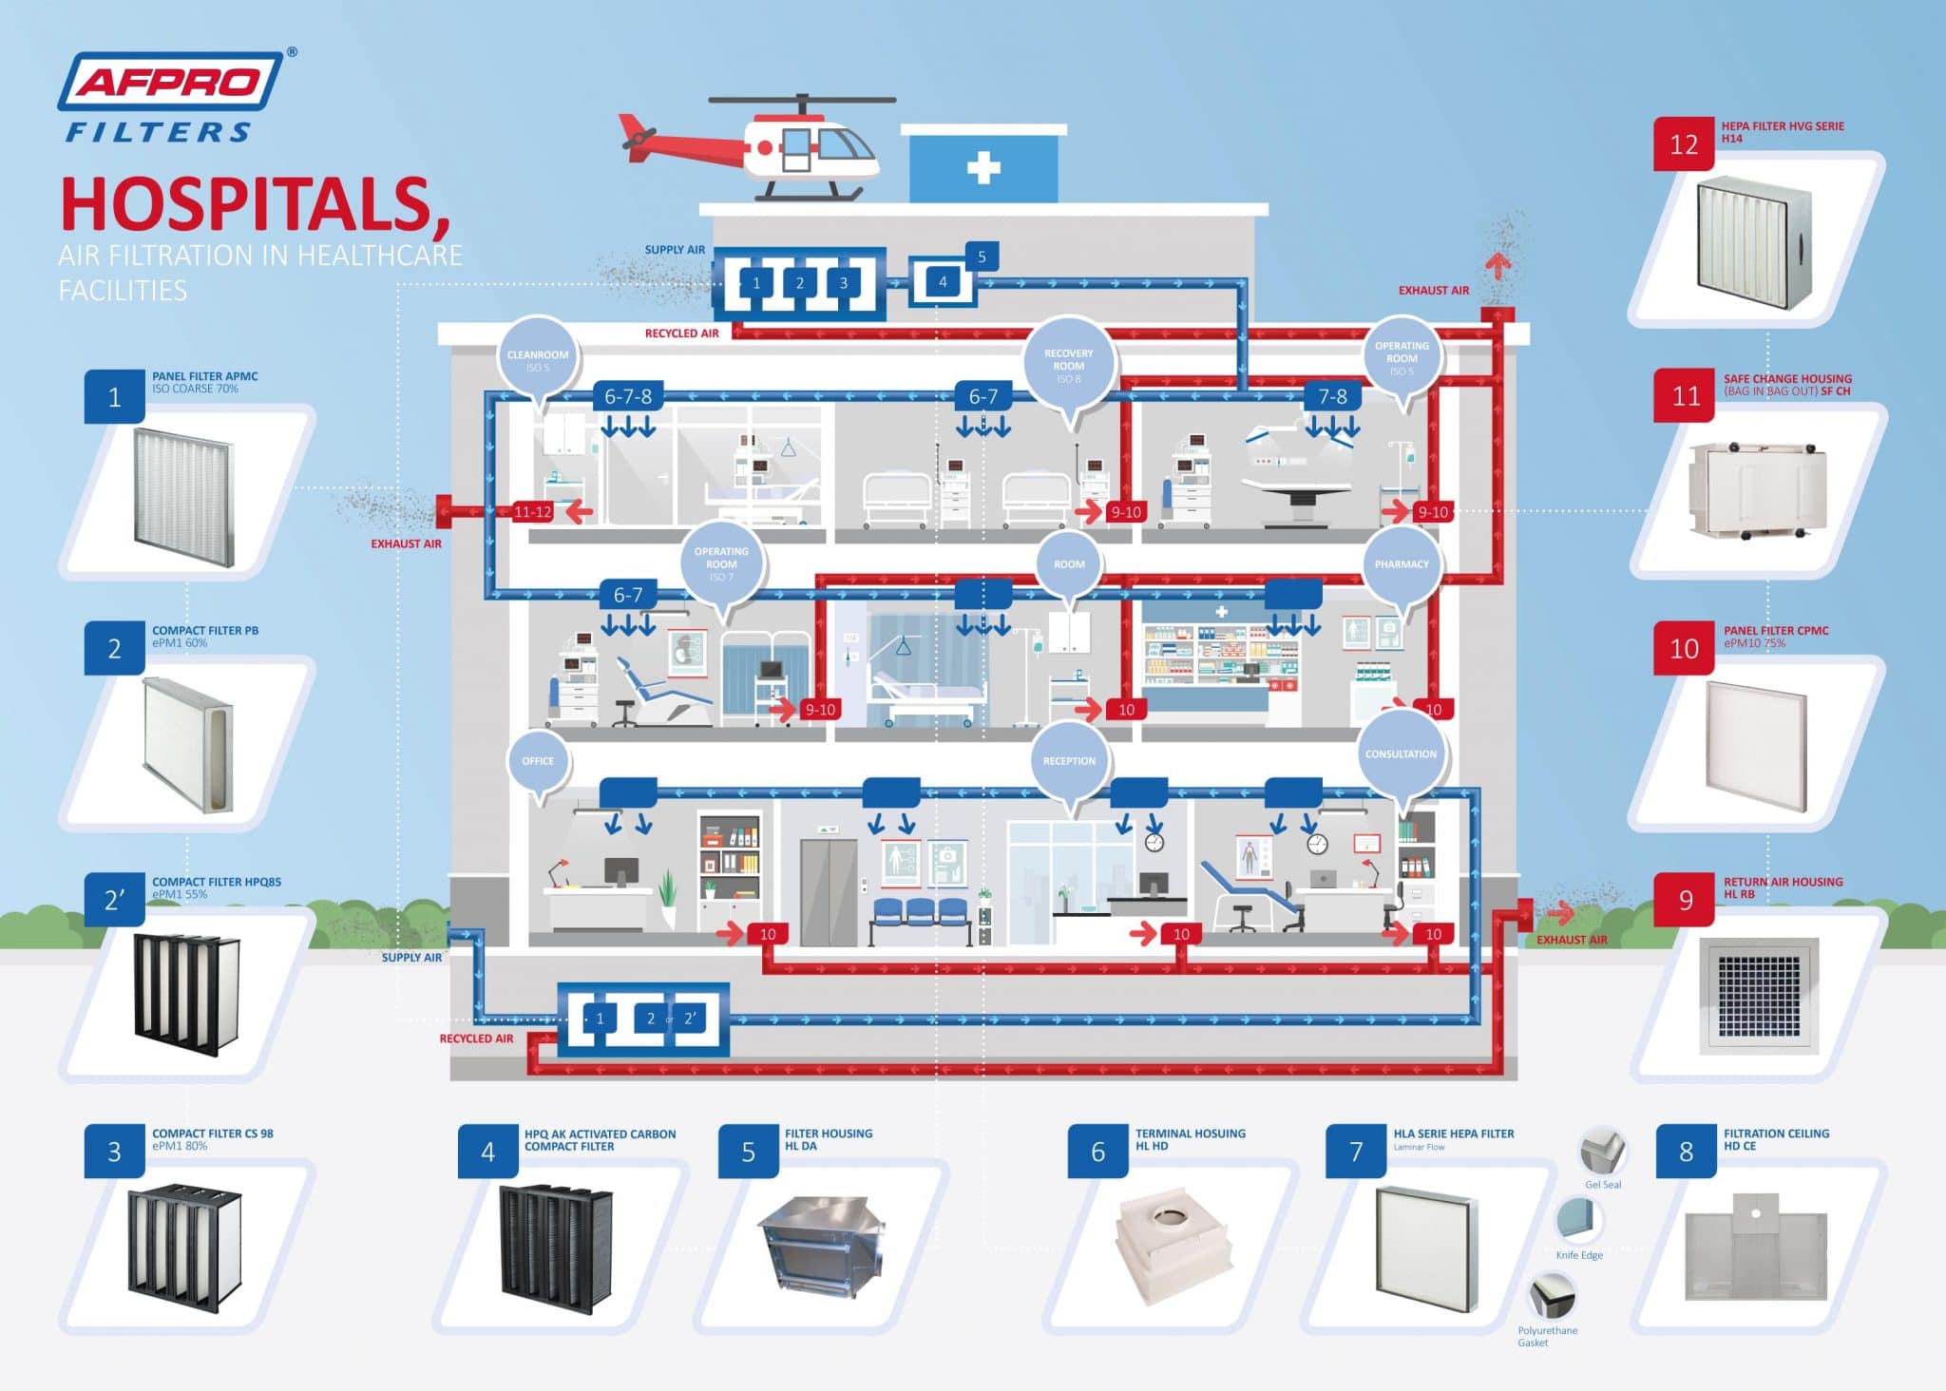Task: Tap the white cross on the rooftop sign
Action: tap(983, 169)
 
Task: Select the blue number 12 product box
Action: tap(1683, 144)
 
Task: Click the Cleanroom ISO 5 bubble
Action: tap(538, 360)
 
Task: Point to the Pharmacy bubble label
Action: tap(1401, 564)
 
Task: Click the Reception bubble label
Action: tap(1069, 761)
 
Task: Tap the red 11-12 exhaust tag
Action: tap(532, 512)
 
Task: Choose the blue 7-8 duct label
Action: tap(1332, 396)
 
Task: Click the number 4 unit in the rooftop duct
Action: tap(943, 281)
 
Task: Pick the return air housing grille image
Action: tap(1760, 996)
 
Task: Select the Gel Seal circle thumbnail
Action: tap(1602, 1153)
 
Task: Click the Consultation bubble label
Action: tap(1401, 754)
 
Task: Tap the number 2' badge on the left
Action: tap(114, 899)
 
